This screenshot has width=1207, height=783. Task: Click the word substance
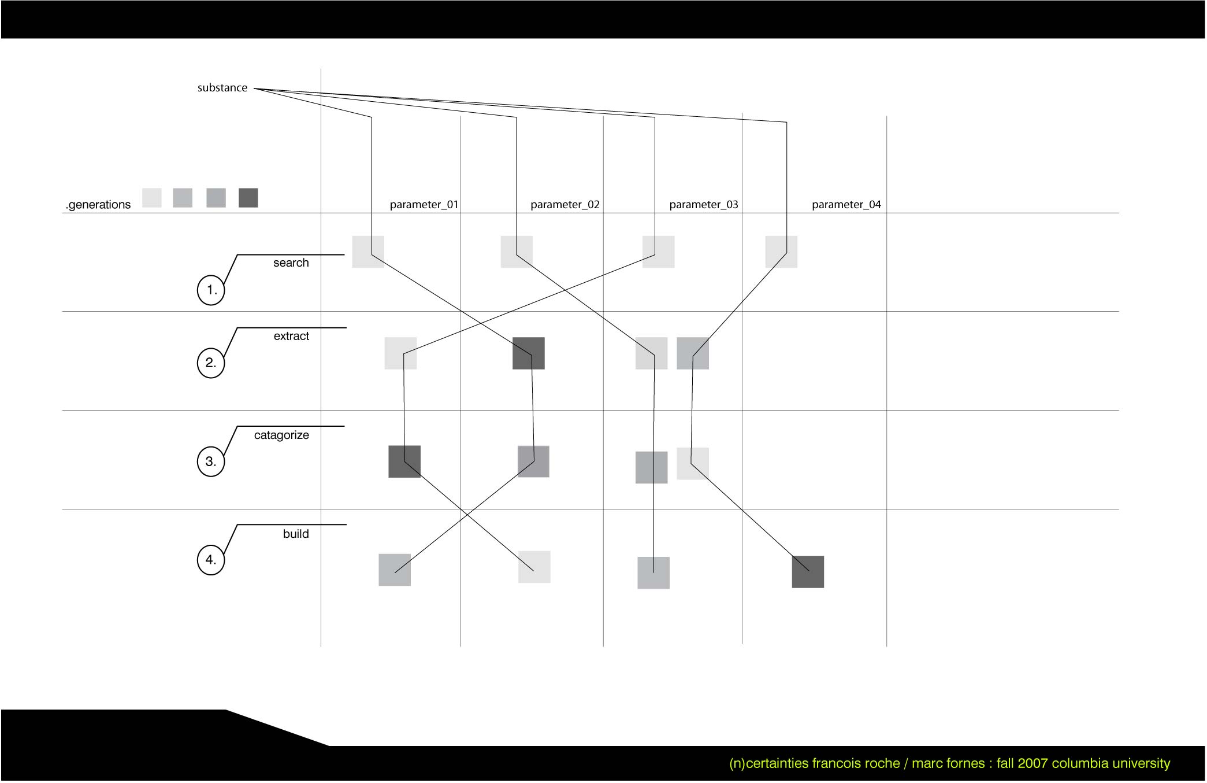click(222, 88)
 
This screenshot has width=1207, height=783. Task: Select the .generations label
click(98, 205)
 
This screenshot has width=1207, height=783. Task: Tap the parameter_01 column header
click(424, 205)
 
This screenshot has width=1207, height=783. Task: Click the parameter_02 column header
click(565, 205)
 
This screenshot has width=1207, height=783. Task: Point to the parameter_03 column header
click(704, 205)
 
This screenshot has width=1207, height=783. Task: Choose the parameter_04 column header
click(846, 205)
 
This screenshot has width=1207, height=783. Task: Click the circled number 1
click(211, 290)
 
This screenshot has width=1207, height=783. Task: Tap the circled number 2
click(211, 363)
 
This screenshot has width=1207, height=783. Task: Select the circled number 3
click(211, 461)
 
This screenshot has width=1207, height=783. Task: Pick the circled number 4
click(211, 560)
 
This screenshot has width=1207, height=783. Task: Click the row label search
click(291, 263)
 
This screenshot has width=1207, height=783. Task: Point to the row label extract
click(291, 337)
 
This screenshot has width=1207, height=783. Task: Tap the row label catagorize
click(281, 435)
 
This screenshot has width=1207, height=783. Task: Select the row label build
click(296, 534)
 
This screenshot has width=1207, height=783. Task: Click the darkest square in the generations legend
click(248, 198)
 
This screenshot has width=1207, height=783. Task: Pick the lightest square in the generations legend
click(152, 198)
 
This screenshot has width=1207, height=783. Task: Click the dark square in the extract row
click(529, 353)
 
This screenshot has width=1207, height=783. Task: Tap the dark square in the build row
click(808, 572)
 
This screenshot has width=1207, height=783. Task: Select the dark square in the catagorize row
click(404, 461)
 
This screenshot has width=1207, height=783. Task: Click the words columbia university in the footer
click(1111, 763)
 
